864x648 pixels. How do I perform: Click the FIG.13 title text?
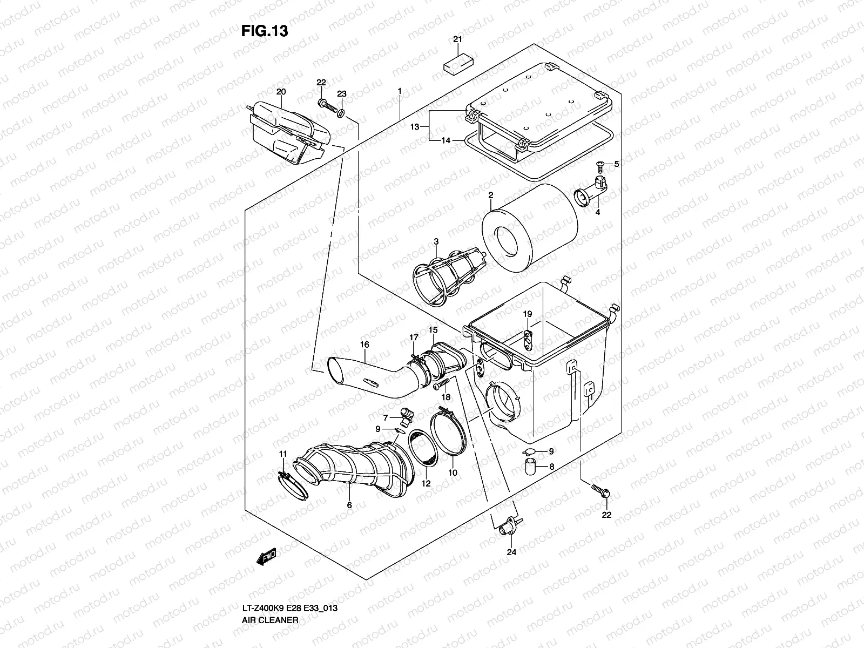[x=264, y=31]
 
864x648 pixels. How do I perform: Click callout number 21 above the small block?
[x=457, y=39]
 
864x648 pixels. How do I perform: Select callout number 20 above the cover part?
[x=280, y=92]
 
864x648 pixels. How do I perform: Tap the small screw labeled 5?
[x=600, y=164]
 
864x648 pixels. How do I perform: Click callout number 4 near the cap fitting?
[x=598, y=212]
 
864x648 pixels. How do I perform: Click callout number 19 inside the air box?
[x=528, y=314]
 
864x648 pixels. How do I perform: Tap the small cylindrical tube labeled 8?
[x=530, y=466]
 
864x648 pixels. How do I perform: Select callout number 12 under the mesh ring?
[x=426, y=483]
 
